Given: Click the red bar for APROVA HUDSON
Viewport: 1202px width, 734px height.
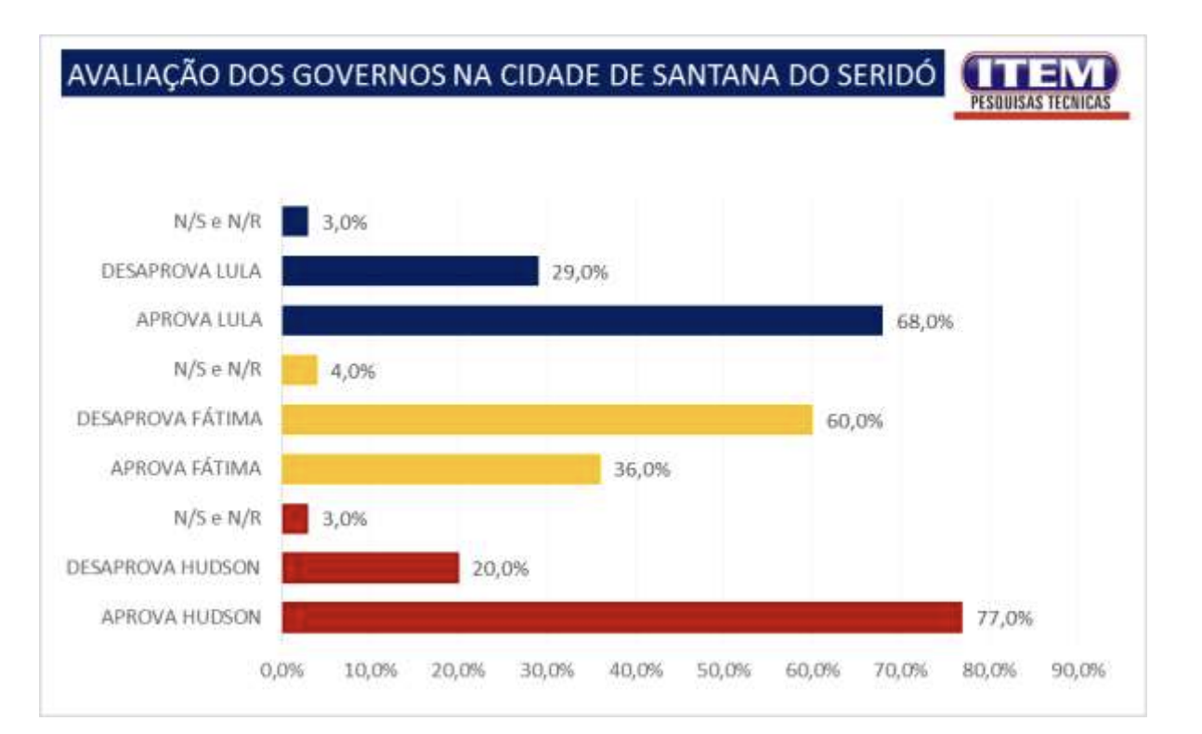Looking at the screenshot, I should tap(621, 618).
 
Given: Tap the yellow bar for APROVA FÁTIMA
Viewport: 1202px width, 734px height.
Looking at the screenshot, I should tap(441, 469).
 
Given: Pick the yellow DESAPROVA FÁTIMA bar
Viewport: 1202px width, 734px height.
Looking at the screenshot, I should tap(547, 420).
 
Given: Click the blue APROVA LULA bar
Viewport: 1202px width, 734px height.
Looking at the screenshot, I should tap(581, 321).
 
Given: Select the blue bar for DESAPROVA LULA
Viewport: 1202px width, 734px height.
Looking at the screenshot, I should tap(410, 271).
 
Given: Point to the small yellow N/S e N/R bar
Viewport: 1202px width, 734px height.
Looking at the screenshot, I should tap(299, 371).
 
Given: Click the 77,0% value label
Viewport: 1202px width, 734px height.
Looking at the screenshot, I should tap(1004, 618).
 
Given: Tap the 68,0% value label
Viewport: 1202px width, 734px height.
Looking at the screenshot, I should tap(925, 321).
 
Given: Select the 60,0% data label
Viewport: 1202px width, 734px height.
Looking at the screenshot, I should tap(855, 421).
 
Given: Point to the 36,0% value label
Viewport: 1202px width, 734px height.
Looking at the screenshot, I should tap(642, 470).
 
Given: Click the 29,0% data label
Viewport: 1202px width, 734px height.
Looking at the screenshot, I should tap(580, 272).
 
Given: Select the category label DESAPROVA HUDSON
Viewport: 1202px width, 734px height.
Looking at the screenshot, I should tap(163, 568).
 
